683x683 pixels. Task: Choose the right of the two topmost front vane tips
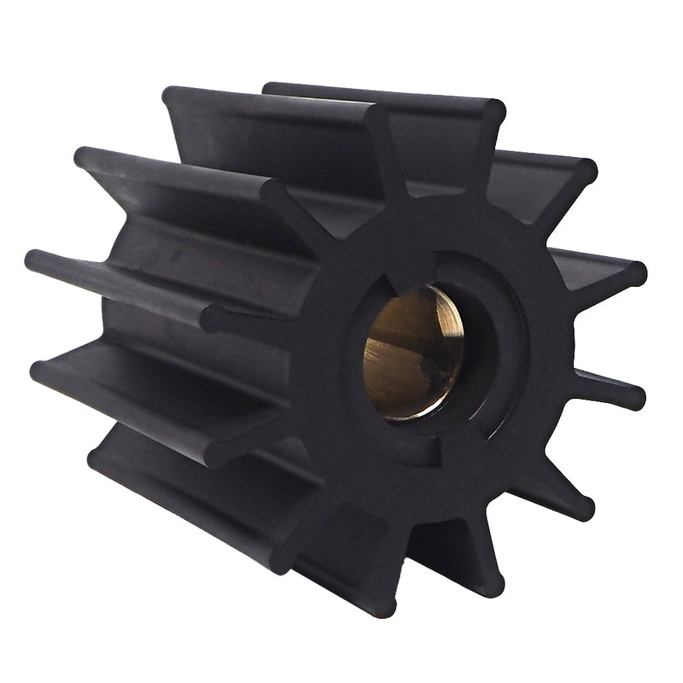coord(493,109)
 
